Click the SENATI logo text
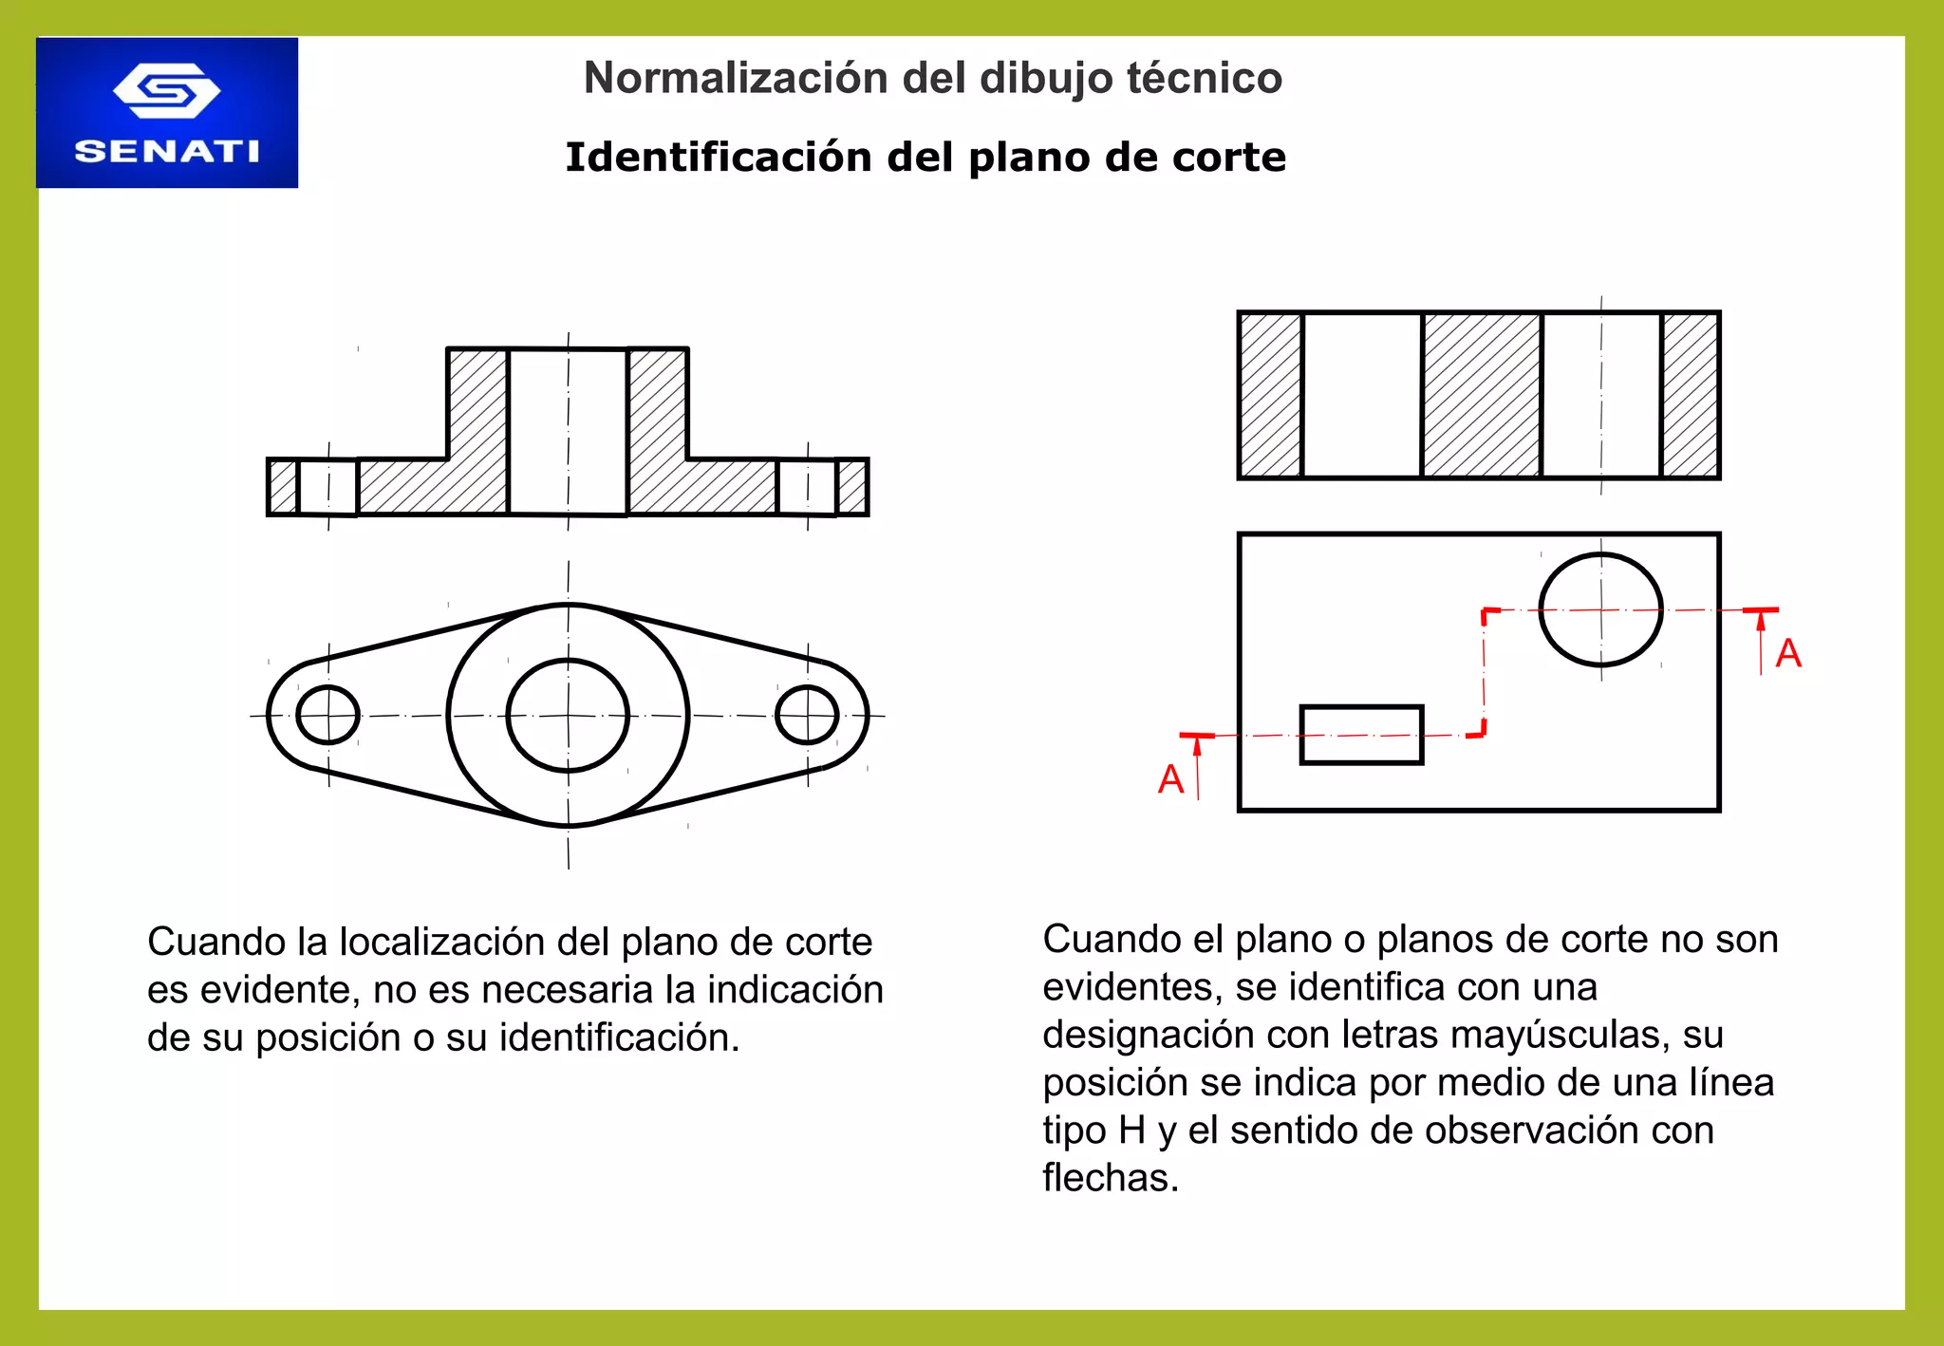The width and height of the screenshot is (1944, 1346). click(167, 152)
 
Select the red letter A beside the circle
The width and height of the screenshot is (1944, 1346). click(1788, 653)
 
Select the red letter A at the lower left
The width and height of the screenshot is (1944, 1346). click(1171, 779)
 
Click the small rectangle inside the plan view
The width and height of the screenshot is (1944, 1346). click(1361, 735)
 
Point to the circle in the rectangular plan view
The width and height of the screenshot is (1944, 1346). click(1600, 609)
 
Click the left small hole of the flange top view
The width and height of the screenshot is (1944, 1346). click(327, 715)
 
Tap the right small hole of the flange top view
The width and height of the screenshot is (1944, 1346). click(807, 715)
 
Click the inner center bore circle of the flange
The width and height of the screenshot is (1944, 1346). click(568, 715)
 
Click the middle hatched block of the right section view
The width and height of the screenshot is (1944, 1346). click(1481, 395)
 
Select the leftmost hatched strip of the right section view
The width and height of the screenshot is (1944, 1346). click(1271, 395)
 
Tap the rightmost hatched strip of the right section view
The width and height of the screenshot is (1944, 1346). click(1691, 395)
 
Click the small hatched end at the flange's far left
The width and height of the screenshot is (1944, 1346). click(283, 488)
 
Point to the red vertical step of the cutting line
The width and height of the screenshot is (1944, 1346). click(1485, 672)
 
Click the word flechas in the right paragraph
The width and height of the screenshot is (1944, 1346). click(1110, 1178)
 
